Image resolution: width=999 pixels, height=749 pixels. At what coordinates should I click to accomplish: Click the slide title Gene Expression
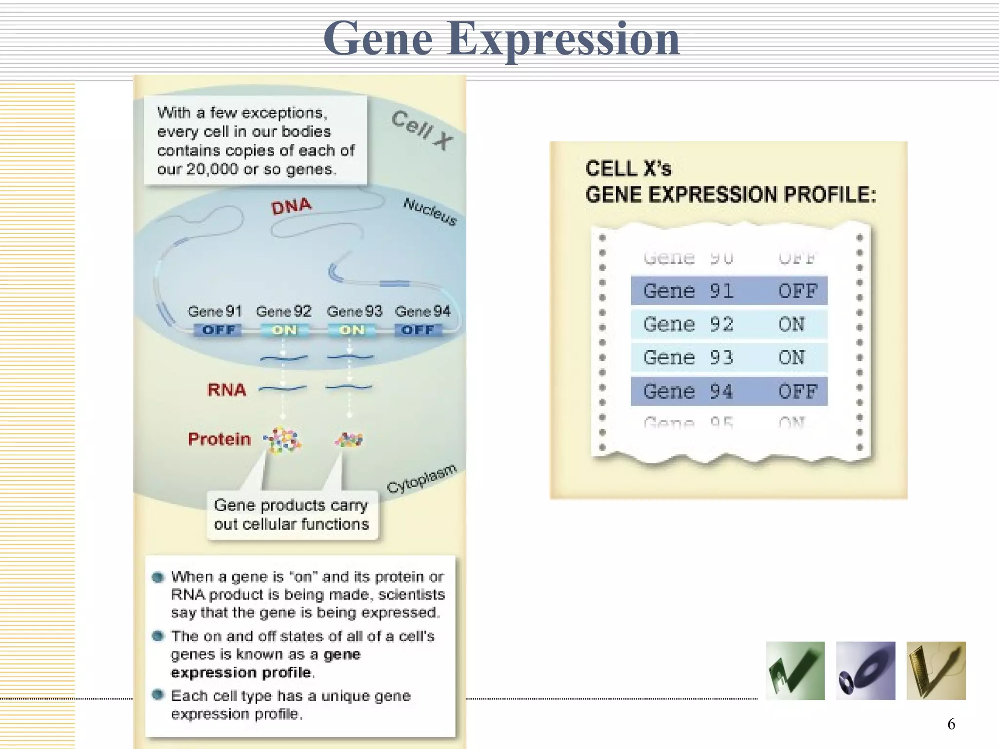[x=501, y=39]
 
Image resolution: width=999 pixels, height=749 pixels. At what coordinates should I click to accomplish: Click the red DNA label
[x=291, y=206]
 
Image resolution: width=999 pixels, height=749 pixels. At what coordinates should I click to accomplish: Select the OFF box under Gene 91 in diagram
[x=218, y=330]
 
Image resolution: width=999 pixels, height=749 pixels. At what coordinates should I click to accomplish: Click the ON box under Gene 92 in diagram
[x=284, y=330]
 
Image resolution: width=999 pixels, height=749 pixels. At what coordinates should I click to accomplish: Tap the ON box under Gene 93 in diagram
[x=352, y=330]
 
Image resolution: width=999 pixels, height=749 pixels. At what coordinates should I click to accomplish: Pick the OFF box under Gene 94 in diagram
[x=418, y=330]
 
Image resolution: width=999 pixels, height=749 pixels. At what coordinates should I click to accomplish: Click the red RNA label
[x=226, y=390]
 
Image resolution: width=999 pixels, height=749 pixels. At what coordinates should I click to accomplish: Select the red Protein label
[x=219, y=439]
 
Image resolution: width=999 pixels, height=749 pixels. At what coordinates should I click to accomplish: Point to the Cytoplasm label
[x=422, y=478]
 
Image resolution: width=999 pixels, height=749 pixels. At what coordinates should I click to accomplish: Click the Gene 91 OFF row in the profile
[x=729, y=291]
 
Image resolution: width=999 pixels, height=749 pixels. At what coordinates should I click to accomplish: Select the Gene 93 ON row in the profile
[x=729, y=358]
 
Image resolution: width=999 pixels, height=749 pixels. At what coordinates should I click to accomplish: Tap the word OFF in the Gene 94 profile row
[x=797, y=392]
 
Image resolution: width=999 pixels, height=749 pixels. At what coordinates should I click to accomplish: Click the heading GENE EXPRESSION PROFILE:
[x=730, y=195]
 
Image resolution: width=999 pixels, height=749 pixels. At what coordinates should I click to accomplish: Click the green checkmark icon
[x=795, y=671]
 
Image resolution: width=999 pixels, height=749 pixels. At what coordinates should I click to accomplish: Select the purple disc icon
[x=865, y=671]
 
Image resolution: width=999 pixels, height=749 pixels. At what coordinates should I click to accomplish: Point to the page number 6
[x=951, y=724]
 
